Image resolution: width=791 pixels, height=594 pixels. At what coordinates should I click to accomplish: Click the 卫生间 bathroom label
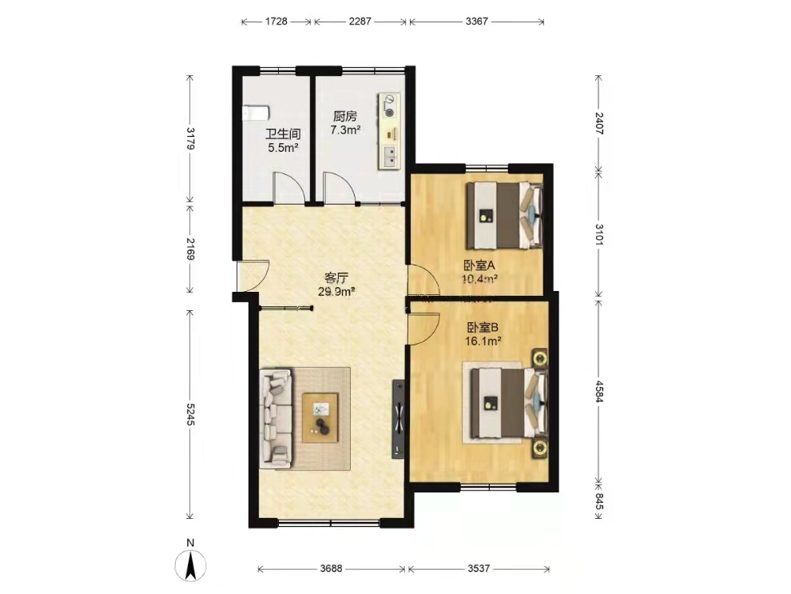283,134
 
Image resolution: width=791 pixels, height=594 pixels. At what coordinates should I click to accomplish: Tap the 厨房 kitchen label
345,117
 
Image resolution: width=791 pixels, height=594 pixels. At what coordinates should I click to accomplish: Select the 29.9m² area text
336,291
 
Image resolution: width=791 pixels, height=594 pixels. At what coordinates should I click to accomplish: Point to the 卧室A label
479,265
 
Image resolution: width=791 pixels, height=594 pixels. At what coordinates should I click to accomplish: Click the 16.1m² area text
483,341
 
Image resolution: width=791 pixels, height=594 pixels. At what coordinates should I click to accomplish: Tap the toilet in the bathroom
256,113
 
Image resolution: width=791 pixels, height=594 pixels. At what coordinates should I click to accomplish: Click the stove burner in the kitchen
389,112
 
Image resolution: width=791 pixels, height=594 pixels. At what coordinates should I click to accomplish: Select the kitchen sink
389,157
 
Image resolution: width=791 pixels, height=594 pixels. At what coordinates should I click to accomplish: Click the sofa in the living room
276,417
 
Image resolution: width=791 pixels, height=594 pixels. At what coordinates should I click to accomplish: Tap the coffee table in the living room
320,418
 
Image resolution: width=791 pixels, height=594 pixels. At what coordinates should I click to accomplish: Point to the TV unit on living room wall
399,419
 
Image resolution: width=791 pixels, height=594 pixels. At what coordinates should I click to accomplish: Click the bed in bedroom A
504,216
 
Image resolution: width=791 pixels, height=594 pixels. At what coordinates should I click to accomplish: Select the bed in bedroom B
508,403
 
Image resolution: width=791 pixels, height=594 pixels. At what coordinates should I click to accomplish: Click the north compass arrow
191,565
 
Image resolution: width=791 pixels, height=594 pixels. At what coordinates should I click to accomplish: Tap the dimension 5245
189,414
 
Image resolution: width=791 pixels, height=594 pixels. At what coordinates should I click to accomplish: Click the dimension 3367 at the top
477,22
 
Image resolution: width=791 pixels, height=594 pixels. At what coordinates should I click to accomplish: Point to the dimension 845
598,501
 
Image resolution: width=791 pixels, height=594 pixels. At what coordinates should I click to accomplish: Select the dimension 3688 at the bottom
331,568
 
